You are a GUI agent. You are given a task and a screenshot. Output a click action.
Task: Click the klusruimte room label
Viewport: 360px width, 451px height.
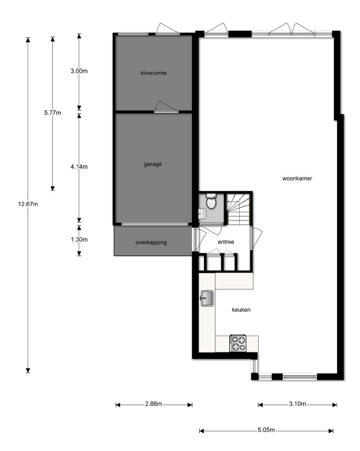[154, 73]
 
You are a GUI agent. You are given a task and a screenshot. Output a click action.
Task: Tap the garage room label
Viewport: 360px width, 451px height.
[154, 164]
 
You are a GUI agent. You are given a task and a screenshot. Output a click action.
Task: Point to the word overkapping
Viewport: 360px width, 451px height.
[151, 242]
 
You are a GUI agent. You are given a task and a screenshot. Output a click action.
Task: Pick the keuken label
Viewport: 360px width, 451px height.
[240, 310]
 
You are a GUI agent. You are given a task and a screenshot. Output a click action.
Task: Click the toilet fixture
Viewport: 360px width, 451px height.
[210, 203]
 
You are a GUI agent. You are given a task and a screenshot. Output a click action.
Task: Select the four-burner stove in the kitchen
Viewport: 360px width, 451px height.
[238, 341]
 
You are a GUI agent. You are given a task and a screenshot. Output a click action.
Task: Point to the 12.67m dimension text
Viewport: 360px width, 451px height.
[29, 205]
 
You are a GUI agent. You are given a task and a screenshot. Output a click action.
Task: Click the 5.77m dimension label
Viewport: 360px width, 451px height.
[52, 113]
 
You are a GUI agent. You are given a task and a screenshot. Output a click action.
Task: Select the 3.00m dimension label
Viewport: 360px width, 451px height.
[79, 71]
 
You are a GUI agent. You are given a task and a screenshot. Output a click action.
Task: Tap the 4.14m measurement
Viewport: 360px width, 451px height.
[79, 167]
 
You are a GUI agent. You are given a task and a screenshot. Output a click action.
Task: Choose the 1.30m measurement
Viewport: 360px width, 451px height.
[79, 239]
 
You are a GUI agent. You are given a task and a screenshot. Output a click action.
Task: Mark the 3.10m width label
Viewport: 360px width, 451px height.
[297, 405]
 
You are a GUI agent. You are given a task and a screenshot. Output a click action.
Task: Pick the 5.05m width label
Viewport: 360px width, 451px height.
[266, 431]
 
